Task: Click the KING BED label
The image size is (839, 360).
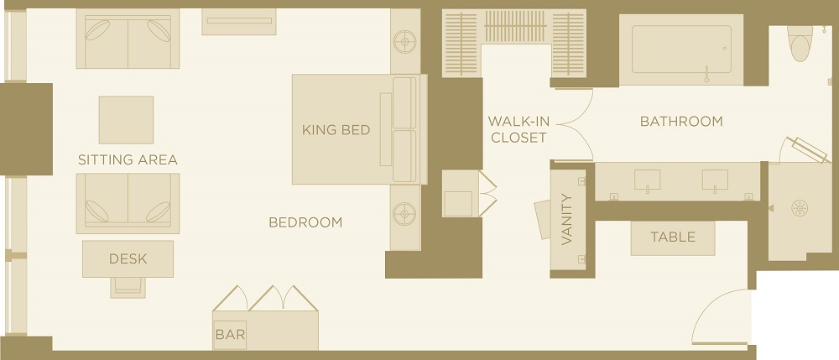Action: (x=336, y=130)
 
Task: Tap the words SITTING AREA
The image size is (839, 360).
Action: (x=128, y=160)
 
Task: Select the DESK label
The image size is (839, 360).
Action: (x=128, y=259)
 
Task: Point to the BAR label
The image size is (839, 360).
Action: (x=230, y=335)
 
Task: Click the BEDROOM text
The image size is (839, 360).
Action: (x=305, y=222)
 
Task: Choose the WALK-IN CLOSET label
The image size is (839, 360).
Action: (x=519, y=129)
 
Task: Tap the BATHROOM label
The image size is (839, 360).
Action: (x=681, y=122)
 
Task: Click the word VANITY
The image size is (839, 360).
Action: (x=567, y=219)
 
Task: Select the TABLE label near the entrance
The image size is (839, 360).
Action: (x=673, y=237)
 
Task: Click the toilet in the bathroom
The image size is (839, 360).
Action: (x=800, y=43)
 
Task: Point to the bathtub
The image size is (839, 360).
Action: (x=681, y=50)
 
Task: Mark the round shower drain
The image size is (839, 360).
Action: (x=800, y=207)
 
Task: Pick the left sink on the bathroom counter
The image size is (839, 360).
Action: (x=647, y=180)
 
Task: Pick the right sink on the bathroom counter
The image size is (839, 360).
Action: (x=715, y=180)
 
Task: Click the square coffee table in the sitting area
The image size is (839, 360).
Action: (x=127, y=120)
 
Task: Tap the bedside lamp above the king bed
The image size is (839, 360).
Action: (x=404, y=41)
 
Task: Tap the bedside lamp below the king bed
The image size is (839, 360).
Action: (x=404, y=214)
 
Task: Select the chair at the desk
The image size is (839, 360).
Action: (x=128, y=287)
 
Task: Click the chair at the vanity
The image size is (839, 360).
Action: (x=543, y=219)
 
